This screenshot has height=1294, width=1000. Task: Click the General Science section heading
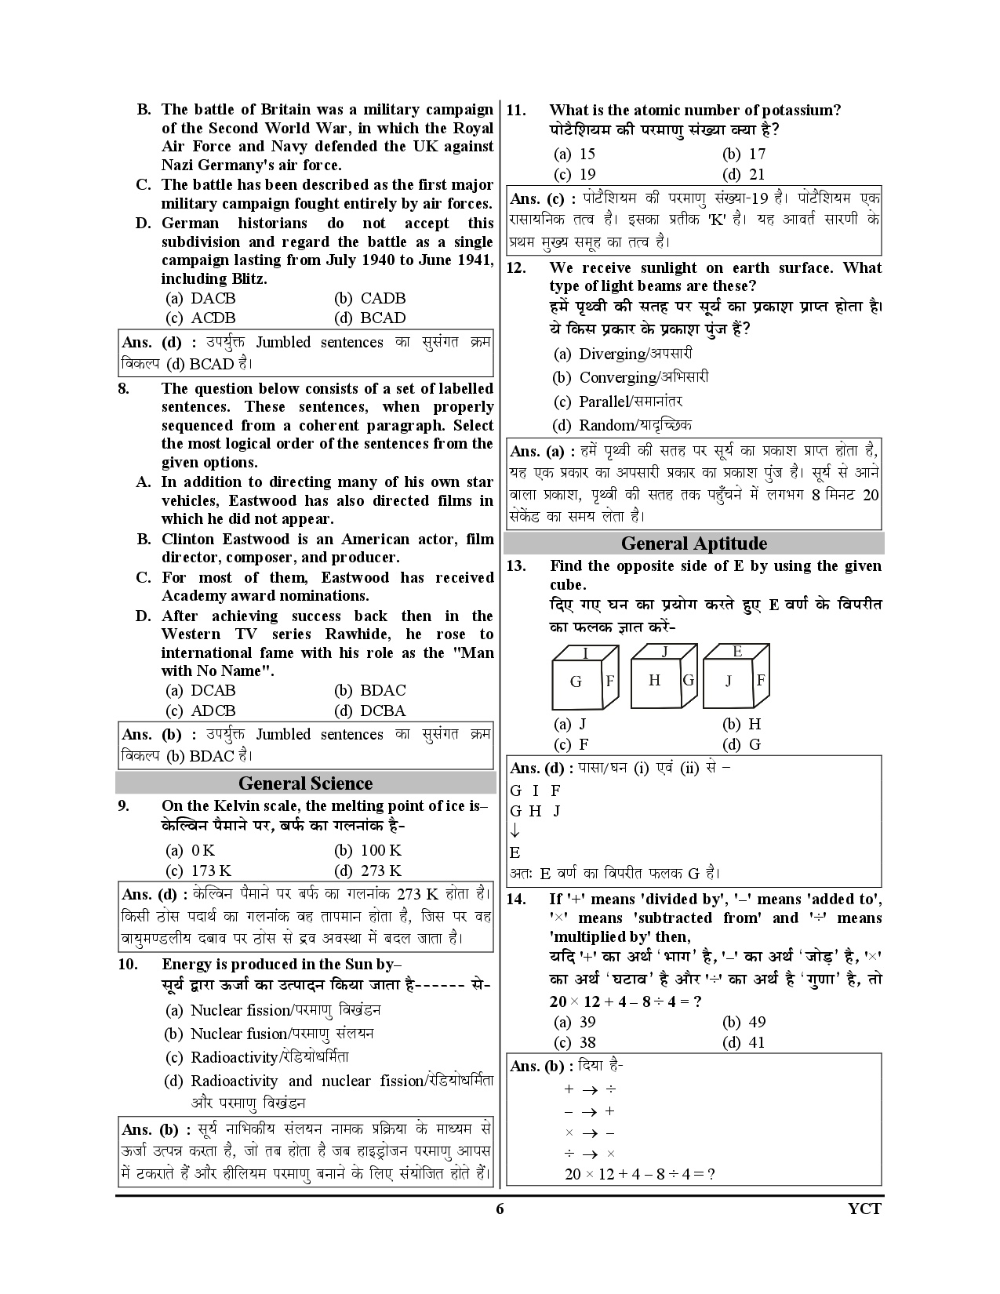[305, 783]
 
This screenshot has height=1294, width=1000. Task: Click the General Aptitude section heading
[693, 543]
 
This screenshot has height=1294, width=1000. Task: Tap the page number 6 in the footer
[500, 1208]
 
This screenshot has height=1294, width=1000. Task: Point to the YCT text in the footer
[865, 1208]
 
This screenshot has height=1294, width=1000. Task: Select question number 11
[516, 111]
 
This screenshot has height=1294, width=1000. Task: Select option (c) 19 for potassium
[576, 174]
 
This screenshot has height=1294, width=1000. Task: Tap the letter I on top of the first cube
[585, 653]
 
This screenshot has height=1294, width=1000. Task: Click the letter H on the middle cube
[655, 680]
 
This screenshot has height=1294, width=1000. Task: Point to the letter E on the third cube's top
[737, 651]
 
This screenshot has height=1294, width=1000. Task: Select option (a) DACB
[202, 298]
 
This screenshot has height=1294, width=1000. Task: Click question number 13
[516, 566]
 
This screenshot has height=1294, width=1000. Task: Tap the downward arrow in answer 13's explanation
[515, 831]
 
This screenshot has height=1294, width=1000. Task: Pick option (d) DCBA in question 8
[371, 711]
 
